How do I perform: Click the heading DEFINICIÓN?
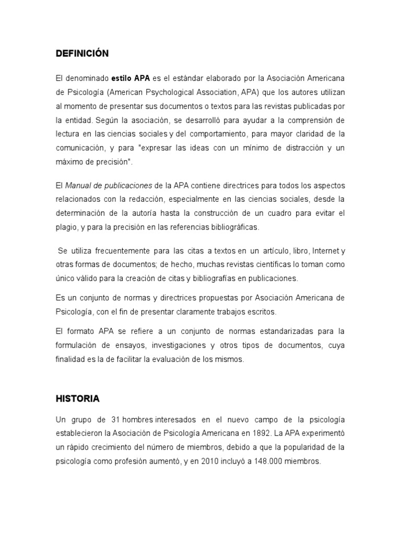coord(82,54)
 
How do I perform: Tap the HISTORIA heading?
coord(77,399)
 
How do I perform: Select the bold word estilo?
coord(122,78)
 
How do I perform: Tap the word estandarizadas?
coord(272,331)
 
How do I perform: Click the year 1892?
coord(261,433)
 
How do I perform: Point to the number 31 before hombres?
coord(116,419)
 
